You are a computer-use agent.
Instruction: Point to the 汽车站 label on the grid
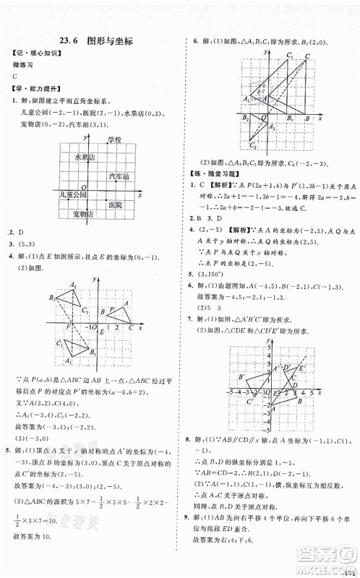[x=119, y=176]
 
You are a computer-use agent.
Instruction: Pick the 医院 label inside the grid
[x=115, y=204]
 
